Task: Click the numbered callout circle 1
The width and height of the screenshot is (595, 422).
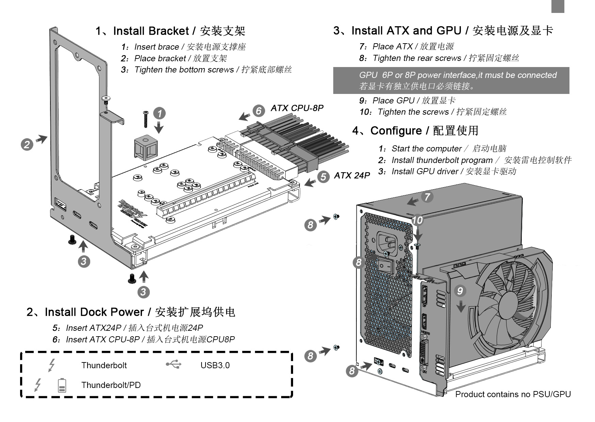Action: [159, 113]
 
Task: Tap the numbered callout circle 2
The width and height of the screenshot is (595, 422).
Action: [27, 144]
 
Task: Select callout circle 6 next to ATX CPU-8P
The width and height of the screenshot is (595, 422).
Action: [258, 111]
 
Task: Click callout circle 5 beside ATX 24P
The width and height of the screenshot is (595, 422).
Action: [323, 177]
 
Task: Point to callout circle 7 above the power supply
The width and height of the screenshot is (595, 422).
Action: [427, 196]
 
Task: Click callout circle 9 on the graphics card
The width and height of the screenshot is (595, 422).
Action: [460, 291]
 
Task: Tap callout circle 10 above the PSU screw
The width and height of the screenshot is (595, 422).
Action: [417, 221]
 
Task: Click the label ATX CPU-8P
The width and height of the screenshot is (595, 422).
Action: [297, 108]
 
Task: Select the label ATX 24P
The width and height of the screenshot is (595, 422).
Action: [352, 176]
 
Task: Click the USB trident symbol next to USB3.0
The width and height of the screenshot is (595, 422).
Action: [174, 365]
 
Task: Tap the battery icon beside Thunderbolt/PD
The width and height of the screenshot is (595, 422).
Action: [62, 385]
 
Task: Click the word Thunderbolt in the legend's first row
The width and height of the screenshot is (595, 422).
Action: [104, 366]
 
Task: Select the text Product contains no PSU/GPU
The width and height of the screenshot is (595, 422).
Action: [513, 394]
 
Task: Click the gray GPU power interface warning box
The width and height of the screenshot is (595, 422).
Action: [451, 81]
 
